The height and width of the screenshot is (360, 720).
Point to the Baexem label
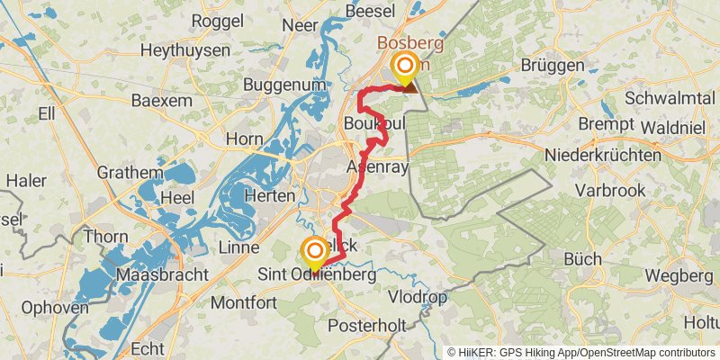[x=162, y=101]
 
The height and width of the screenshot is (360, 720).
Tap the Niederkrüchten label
[x=608, y=156]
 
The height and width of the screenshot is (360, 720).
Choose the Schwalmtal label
[x=669, y=96]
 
